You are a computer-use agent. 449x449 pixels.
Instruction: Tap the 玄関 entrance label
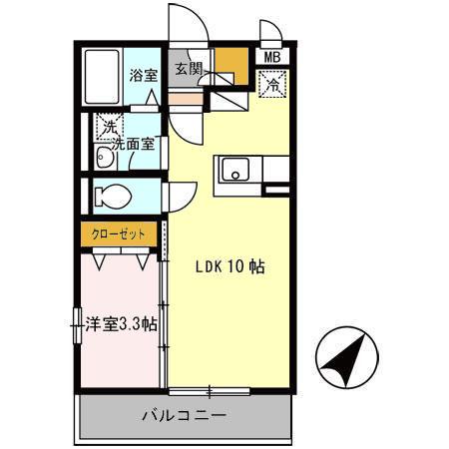tap(189, 69)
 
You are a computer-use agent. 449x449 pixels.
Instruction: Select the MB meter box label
tap(272, 57)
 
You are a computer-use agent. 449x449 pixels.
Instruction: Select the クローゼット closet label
tap(120, 233)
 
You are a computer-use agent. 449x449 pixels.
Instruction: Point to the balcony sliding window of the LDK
tap(210, 389)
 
